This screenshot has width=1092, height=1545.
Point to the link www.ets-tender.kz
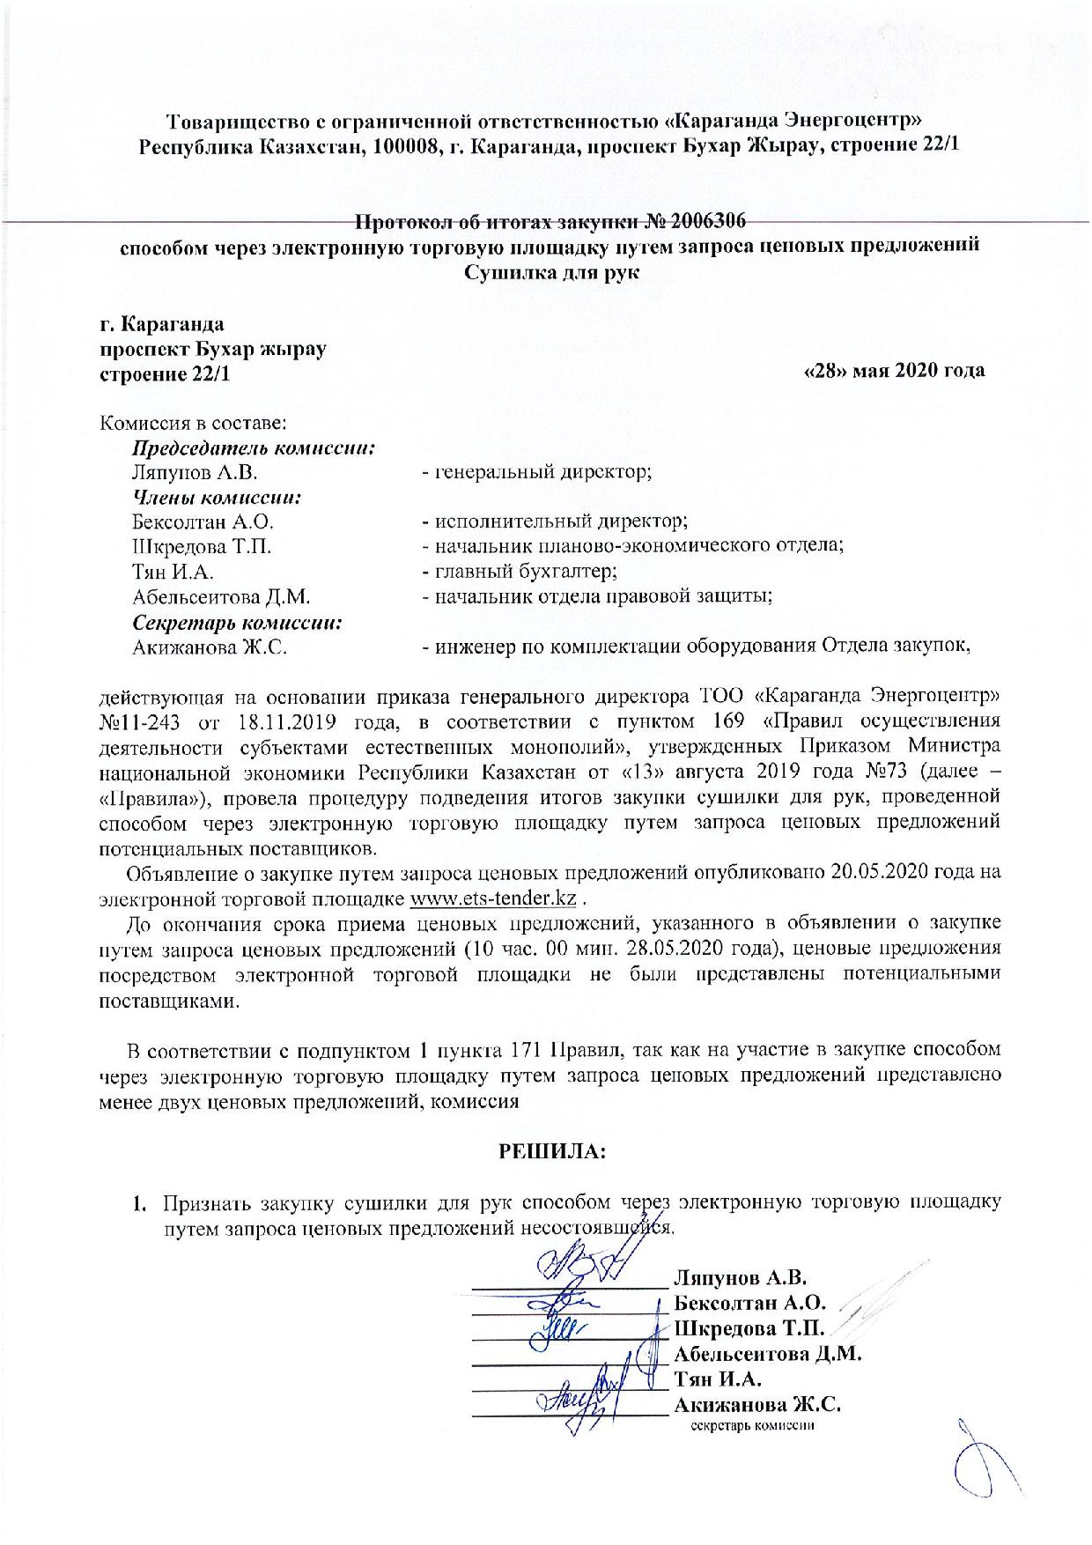click(x=494, y=899)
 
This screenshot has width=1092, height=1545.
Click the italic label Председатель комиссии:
click(x=255, y=447)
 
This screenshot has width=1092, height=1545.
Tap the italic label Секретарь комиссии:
click(x=237, y=622)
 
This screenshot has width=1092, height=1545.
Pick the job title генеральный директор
click(x=541, y=472)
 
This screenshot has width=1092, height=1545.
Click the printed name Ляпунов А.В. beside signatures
click(x=741, y=1277)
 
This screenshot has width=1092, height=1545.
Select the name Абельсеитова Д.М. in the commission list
click(x=221, y=597)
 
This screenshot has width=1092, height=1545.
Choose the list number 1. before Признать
click(x=138, y=1203)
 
